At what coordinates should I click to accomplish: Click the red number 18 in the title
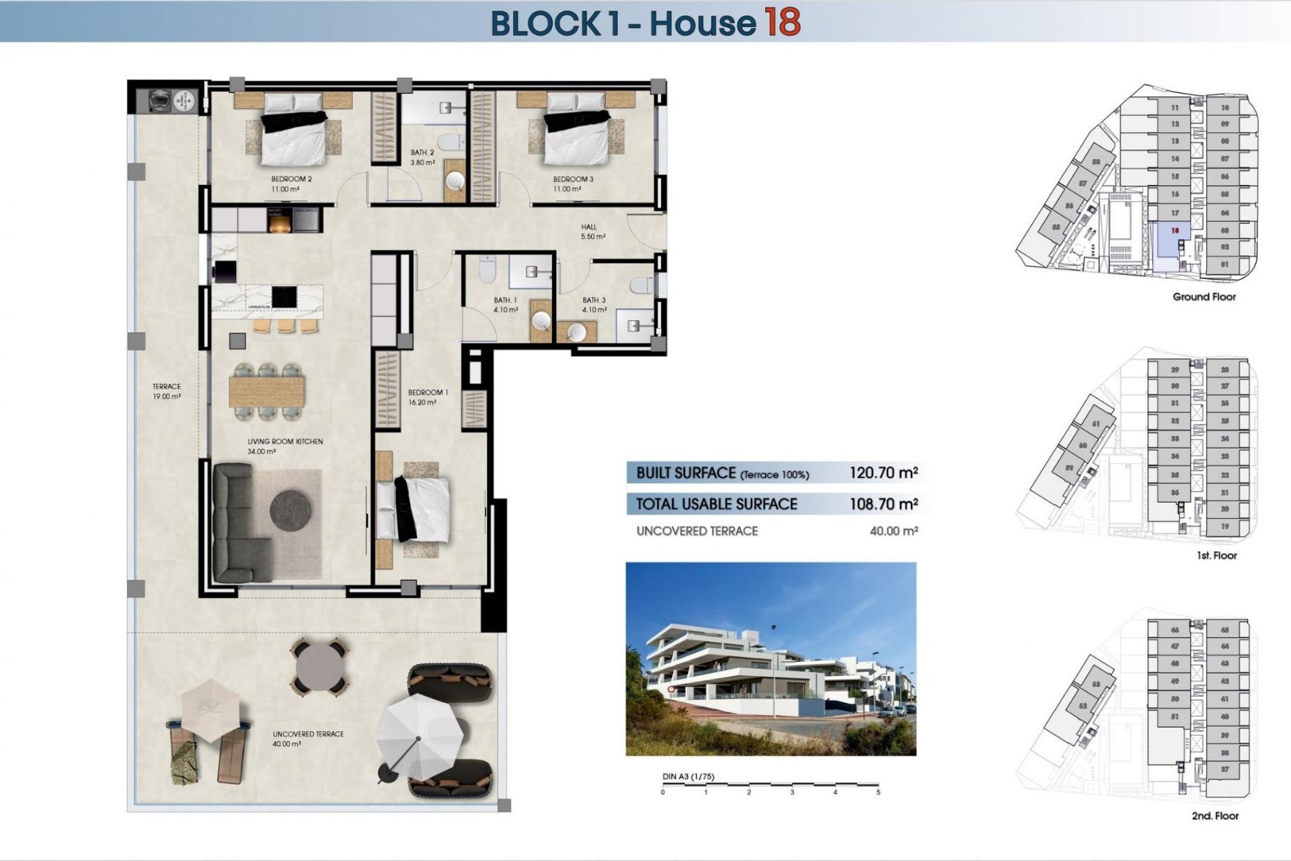point(781,22)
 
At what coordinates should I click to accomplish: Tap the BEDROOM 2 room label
point(291,180)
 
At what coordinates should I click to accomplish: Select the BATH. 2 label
point(422,153)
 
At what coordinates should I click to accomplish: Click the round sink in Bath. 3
point(577,332)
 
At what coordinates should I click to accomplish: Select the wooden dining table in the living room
point(267,391)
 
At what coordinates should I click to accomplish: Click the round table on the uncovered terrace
point(319,666)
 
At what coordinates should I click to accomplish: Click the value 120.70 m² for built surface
point(884,473)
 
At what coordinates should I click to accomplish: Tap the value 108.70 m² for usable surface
point(884,504)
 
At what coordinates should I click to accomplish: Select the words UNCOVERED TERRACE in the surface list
point(697,531)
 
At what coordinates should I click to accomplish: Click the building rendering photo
point(771,659)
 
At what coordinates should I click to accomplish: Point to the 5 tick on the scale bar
point(878,792)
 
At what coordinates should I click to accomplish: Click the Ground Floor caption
point(1204,297)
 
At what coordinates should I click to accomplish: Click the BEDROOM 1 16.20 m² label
point(428,397)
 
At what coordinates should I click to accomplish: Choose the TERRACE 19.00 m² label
point(166,391)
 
